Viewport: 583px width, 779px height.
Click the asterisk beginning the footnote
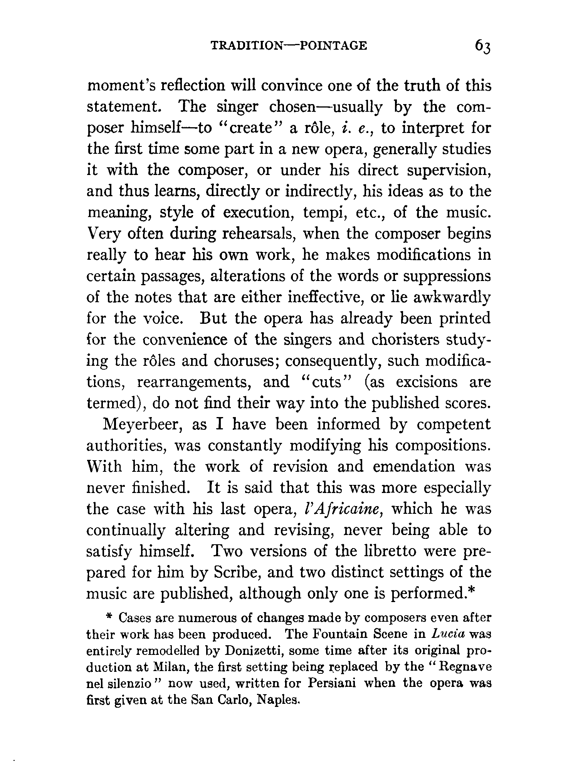click(109, 617)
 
